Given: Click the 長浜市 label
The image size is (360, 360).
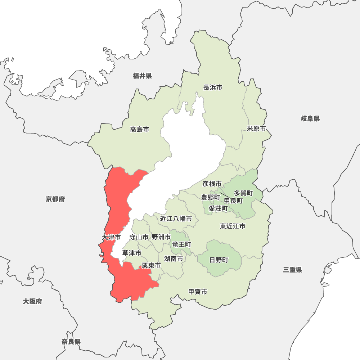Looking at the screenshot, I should pyautogui.click(x=213, y=87).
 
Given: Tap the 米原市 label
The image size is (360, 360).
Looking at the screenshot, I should pyautogui.click(x=256, y=129).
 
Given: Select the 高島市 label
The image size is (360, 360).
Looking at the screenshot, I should pyautogui.click(x=140, y=129).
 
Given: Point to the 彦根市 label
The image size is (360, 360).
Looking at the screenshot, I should pyautogui.click(x=212, y=184).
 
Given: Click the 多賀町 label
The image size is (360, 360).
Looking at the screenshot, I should pyautogui.click(x=243, y=193).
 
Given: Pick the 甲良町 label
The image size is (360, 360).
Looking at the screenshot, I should pyautogui.click(x=233, y=201).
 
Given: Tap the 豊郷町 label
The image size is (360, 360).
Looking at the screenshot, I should pyautogui.click(x=210, y=197).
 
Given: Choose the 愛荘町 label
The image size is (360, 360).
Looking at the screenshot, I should pyautogui.click(x=218, y=208).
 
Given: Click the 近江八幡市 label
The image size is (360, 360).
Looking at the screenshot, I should pyautogui.click(x=176, y=219).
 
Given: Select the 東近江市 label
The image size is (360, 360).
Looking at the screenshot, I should pyautogui.click(x=233, y=226).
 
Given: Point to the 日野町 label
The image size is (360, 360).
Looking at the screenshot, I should pyautogui.click(x=219, y=260).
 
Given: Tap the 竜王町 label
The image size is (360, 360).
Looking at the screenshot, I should pyautogui.click(x=181, y=244).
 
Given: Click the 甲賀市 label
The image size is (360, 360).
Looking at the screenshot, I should pyautogui.click(x=198, y=292).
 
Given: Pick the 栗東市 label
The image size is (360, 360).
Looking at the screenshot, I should pyautogui.click(x=151, y=265).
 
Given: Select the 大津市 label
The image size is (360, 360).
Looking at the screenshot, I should pyautogui.click(x=111, y=238).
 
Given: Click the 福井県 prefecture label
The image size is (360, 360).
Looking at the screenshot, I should pyautogui.click(x=142, y=76).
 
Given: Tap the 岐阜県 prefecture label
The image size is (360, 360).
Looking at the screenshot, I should pyautogui.click(x=310, y=118).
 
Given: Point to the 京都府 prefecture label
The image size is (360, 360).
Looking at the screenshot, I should pyautogui.click(x=55, y=199).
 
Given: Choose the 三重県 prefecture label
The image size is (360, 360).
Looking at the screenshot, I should pyautogui.click(x=292, y=270).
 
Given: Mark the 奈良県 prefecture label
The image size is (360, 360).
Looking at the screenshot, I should pyautogui.click(x=71, y=342).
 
